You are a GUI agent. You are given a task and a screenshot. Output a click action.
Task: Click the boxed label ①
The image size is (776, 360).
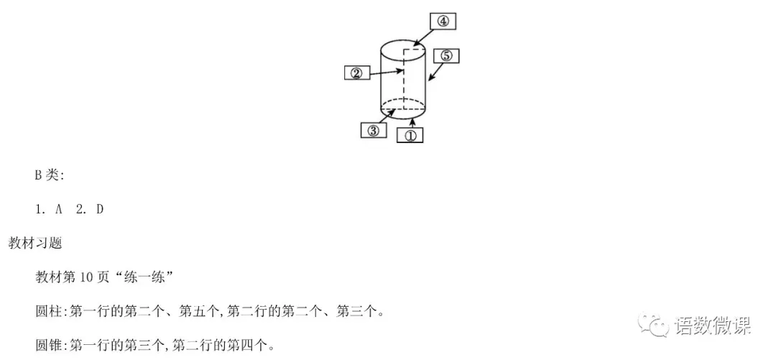click(410, 134)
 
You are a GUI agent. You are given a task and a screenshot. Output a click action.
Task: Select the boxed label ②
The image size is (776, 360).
click(356, 73)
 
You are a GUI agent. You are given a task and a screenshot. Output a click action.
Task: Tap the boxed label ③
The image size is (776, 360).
click(373, 130)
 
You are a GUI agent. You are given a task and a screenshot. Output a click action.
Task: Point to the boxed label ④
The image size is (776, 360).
click(443, 21)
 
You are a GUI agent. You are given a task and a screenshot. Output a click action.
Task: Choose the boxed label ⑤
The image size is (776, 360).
click(446, 56)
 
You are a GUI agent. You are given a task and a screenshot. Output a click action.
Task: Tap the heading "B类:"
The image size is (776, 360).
click(50, 175)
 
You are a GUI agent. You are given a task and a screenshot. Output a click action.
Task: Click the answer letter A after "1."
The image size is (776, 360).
click(59, 209)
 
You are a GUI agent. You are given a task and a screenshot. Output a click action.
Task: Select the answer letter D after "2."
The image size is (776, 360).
click(100, 209)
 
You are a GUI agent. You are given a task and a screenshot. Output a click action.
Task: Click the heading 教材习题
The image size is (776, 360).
click(35, 243)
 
